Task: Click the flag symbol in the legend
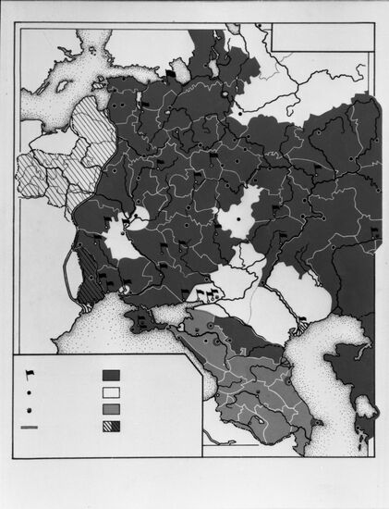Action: [30, 374]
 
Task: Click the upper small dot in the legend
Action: [30, 392]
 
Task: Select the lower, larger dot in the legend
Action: [30, 410]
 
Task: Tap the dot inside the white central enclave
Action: [237, 218]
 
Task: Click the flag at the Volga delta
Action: [300, 322]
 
